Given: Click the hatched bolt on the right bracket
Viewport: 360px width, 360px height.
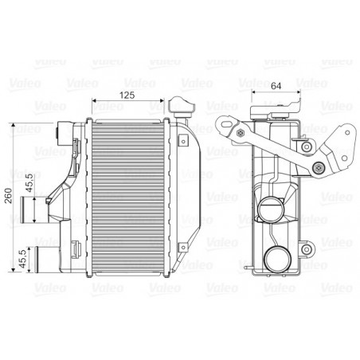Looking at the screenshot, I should pos(319,167).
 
